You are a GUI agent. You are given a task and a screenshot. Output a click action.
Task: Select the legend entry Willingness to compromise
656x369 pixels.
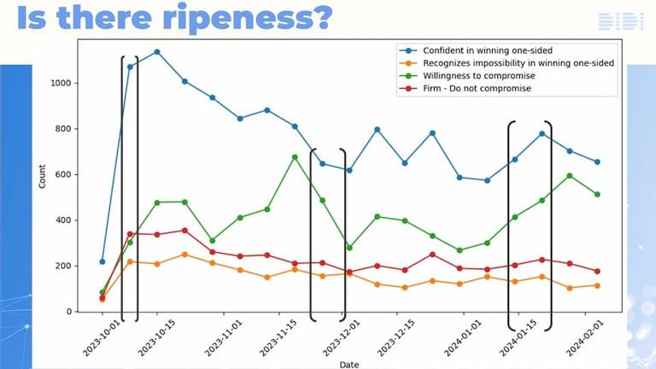pyautogui.click(x=478, y=76)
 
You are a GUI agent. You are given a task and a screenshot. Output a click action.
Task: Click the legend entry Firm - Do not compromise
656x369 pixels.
pyautogui.click(x=477, y=88)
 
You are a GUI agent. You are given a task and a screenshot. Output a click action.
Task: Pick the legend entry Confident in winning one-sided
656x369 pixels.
pyautogui.click(x=488, y=50)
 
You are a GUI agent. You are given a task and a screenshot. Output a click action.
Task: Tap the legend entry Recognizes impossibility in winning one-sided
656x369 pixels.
pyautogui.click(x=518, y=63)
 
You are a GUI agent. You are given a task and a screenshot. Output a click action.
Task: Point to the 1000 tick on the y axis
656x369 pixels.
pyautogui.click(x=61, y=83)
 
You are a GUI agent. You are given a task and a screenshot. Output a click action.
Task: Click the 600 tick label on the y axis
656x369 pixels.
pyautogui.click(x=63, y=174)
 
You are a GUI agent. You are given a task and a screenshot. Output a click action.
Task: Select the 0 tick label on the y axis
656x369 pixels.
pyautogui.click(x=69, y=312)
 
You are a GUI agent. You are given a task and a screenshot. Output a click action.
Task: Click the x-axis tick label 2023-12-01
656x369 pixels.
pyautogui.click(x=341, y=338)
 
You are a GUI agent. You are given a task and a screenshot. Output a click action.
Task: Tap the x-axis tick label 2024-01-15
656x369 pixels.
pyautogui.click(x=518, y=338)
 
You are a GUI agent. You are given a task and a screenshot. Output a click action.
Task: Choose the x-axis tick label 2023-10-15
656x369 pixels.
pyautogui.click(x=156, y=338)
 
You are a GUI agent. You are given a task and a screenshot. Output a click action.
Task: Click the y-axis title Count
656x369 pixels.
pyautogui.click(x=42, y=176)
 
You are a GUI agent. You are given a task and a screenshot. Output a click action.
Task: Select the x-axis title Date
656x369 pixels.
pyautogui.click(x=348, y=365)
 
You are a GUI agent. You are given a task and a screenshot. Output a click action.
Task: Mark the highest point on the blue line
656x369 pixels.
pyautogui.click(x=157, y=52)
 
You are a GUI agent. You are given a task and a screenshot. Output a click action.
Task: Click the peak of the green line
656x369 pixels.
pyautogui.click(x=295, y=157)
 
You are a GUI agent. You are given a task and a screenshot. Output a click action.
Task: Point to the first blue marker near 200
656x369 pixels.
pyautogui.click(x=102, y=262)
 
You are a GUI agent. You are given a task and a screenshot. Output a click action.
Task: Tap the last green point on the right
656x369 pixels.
pyautogui.click(x=597, y=195)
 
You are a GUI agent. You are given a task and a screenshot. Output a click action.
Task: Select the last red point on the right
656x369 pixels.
pyautogui.click(x=597, y=272)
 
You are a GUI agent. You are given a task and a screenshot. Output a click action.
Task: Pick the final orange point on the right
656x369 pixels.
pyautogui.click(x=597, y=286)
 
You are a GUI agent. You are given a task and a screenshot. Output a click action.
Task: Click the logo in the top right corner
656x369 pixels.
pyautogui.click(x=621, y=21)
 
